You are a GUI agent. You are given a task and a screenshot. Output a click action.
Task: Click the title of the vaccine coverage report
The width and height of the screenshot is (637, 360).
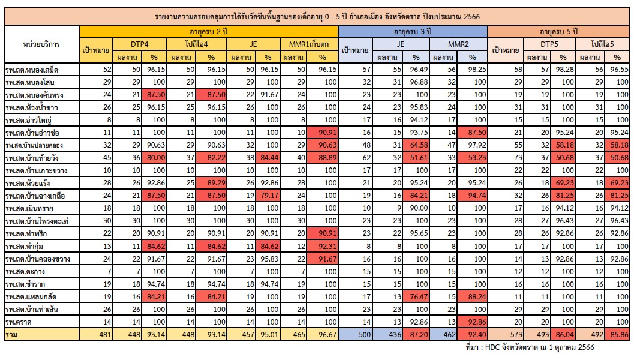(x=318, y=16)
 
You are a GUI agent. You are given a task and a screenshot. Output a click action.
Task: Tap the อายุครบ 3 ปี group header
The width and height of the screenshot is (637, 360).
(x=413, y=31)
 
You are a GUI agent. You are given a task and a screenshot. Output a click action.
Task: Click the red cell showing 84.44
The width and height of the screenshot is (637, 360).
(x=265, y=157)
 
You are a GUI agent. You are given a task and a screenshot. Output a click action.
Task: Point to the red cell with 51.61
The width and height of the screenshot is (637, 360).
(x=415, y=157)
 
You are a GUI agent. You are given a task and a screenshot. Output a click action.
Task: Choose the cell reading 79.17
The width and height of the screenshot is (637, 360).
(x=265, y=195)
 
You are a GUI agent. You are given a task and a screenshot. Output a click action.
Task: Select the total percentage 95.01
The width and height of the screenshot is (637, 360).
(x=265, y=334)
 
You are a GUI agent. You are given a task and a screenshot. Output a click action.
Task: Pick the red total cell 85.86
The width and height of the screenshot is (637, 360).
(x=615, y=334)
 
